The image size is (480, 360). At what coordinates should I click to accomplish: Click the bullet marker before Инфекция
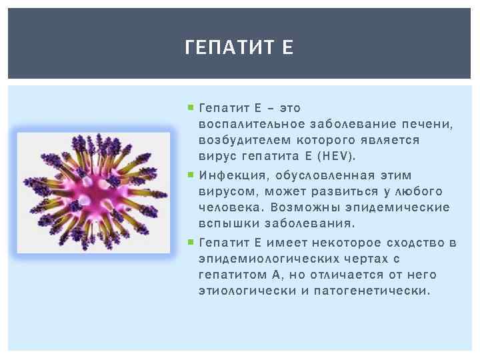pyautogui.click(x=191, y=174)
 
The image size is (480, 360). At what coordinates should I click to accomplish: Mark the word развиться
pyautogui.click(x=345, y=191)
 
